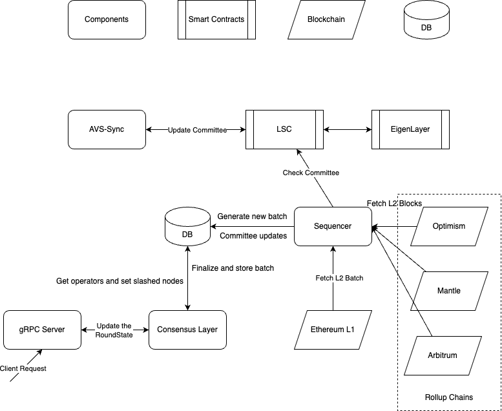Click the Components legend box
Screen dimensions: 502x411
click(107, 19)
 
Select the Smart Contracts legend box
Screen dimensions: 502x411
click(216, 19)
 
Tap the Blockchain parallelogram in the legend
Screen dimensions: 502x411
click(326, 19)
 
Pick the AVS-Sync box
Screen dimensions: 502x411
click(107, 129)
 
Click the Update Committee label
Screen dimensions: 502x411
click(197, 130)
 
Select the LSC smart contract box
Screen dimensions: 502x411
click(284, 129)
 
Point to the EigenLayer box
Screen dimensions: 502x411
click(410, 129)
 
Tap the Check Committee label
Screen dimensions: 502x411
click(311, 173)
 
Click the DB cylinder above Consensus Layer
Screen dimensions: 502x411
click(187, 227)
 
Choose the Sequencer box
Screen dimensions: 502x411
click(333, 226)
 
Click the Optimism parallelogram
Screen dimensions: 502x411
click(449, 226)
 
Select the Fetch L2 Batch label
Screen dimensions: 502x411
click(339, 278)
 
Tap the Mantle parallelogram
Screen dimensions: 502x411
click(449, 291)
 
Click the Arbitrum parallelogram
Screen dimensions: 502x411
click(443, 355)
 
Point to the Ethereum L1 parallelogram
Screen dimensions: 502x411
click(333, 330)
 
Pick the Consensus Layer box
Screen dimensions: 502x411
click(187, 330)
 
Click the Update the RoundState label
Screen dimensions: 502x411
click(114, 330)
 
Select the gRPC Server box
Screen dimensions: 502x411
click(42, 330)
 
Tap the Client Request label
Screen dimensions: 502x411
click(23, 368)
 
